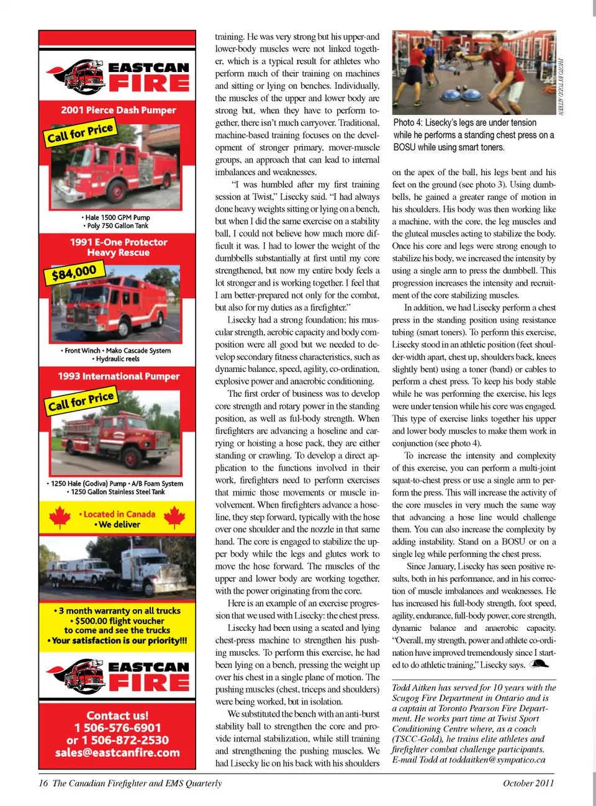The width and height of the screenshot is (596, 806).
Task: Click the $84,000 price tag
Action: point(74,272)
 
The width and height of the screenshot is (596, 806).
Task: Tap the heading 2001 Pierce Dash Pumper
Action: point(118,110)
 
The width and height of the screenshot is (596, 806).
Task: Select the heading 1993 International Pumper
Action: point(118,376)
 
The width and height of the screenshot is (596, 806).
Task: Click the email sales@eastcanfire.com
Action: point(117,753)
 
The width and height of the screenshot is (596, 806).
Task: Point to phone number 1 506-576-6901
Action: point(117,728)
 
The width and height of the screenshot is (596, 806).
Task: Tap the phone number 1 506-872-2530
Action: point(117,740)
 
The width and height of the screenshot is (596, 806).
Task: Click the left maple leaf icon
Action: point(60,517)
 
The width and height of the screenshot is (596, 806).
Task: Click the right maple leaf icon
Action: point(174,517)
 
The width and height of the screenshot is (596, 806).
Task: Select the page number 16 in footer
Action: point(43,783)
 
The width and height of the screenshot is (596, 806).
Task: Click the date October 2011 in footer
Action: point(528,783)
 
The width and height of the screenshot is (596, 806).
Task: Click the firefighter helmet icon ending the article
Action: point(540,664)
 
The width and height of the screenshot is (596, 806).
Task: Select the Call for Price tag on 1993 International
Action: point(81,401)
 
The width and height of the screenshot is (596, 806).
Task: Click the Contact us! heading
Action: point(117,715)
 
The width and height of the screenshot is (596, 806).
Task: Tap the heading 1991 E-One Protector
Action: point(118,242)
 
